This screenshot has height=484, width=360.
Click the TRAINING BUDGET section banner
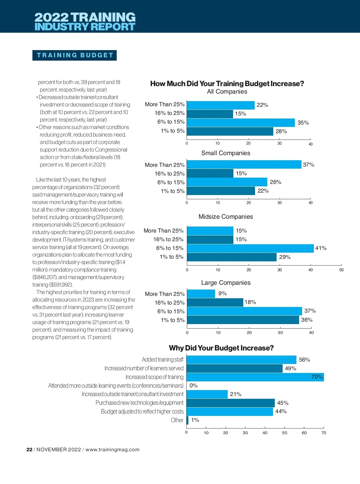(x=74, y=55)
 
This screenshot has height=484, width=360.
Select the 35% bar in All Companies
(x=241, y=122)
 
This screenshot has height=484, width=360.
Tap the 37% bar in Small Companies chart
(x=244, y=164)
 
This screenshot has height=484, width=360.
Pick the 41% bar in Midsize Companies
(x=250, y=248)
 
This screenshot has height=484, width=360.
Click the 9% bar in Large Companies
(x=201, y=293)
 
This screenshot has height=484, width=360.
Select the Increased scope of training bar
(x=255, y=377)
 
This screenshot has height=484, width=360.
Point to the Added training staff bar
(x=241, y=359)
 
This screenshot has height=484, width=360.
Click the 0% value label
(x=193, y=386)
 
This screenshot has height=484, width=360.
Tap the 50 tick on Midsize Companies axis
(x=341, y=270)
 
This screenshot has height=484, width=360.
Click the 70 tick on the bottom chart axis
(x=324, y=433)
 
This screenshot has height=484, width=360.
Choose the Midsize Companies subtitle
(x=226, y=217)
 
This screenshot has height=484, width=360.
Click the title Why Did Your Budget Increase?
(x=221, y=348)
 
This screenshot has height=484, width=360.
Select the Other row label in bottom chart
(x=177, y=420)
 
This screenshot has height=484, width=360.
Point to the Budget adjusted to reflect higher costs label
(x=142, y=411)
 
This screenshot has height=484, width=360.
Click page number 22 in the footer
(x=29, y=449)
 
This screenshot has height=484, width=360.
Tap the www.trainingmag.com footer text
(x=112, y=449)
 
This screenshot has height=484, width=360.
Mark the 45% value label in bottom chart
(x=283, y=403)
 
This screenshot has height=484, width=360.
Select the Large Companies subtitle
(x=226, y=283)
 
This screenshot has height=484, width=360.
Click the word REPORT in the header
(x=113, y=27)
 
